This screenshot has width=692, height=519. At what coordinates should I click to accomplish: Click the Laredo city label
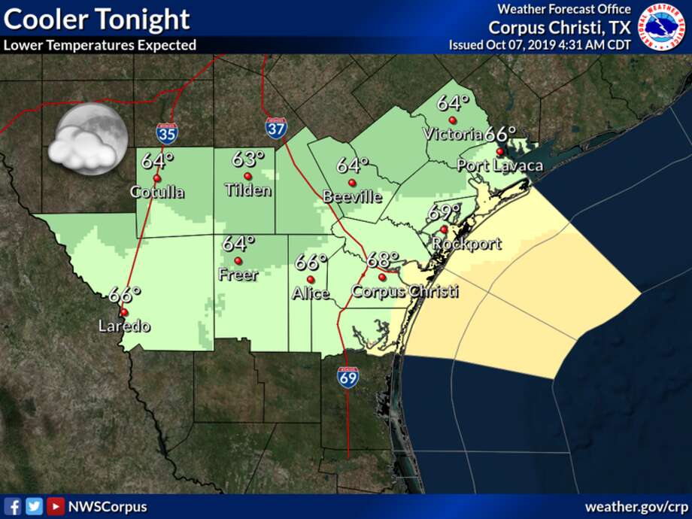tap(125, 326)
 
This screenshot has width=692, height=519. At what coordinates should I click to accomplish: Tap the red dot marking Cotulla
tap(156, 178)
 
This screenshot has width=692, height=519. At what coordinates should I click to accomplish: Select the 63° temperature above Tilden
tap(248, 159)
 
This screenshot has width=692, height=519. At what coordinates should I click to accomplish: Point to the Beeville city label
tap(352, 197)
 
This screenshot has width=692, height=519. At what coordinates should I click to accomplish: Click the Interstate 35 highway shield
tap(167, 134)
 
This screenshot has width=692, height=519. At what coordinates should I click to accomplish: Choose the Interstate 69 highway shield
tap(348, 376)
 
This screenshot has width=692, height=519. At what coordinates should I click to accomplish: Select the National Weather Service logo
tap(662, 27)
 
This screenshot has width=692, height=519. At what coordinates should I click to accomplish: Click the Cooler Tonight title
tap(96, 20)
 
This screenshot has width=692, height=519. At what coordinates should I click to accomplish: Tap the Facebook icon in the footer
tap(13, 506)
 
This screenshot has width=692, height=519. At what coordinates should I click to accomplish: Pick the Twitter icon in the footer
tap(34, 506)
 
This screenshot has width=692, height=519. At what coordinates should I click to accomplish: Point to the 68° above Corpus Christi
tap(383, 260)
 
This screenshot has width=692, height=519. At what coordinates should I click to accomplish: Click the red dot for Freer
tap(238, 261)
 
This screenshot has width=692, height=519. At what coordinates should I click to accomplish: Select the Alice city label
tap(311, 293)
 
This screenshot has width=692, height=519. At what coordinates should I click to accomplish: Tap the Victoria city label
tap(453, 135)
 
